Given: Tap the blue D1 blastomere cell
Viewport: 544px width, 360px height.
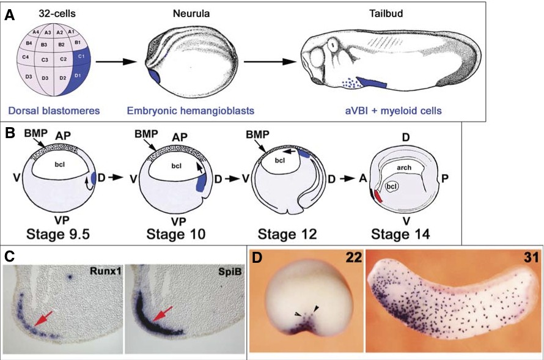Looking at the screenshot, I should coord(78,76).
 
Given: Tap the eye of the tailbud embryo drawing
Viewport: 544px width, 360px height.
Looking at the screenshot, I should coord(332,46).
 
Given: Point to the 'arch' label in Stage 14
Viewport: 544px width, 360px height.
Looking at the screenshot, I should coord(403,166).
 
